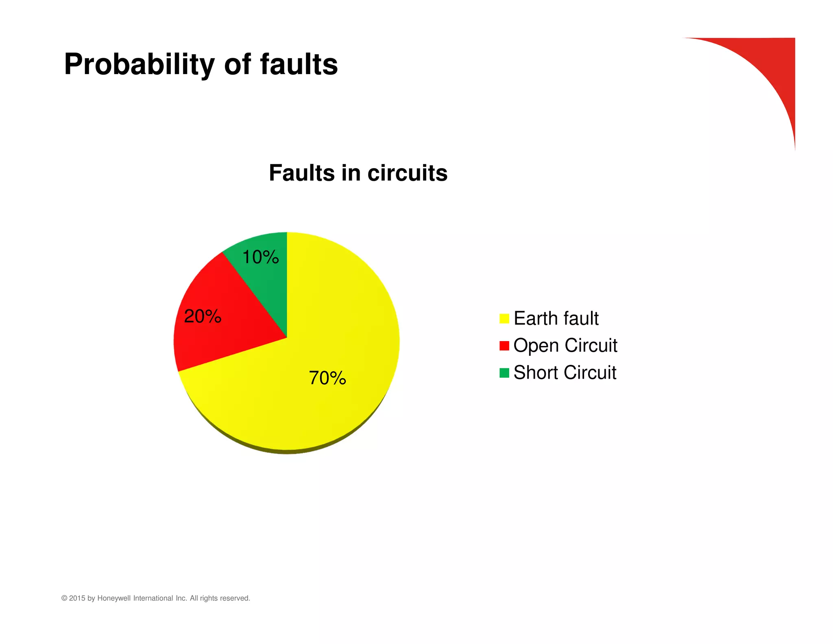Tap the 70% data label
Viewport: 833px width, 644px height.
pyautogui.click(x=327, y=378)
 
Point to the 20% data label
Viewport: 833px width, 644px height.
pyautogui.click(x=203, y=317)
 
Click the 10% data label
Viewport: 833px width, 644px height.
pyautogui.click(x=260, y=257)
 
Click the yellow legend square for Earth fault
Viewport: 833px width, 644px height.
pyautogui.click(x=504, y=319)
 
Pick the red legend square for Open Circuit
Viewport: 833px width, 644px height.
pyautogui.click(x=504, y=346)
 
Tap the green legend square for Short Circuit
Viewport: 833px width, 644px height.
pyautogui.click(x=504, y=373)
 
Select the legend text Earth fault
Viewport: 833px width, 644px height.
pyautogui.click(x=556, y=318)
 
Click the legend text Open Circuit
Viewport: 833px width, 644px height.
pyautogui.click(x=565, y=346)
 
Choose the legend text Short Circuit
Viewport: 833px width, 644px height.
pyautogui.click(x=565, y=372)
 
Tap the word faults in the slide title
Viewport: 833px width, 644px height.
pyautogui.click(x=299, y=64)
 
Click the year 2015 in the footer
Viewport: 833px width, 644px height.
pyautogui.click(x=77, y=598)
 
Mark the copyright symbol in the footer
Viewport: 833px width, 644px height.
pyautogui.click(x=64, y=598)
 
